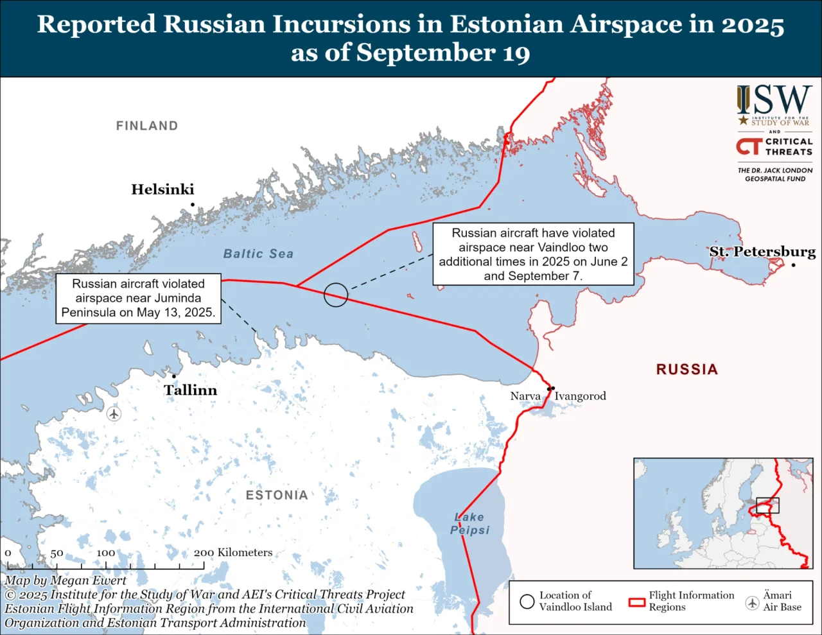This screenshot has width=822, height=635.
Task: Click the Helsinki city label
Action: (x=162, y=189)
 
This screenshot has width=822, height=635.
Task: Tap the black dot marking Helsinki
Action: (x=192, y=205)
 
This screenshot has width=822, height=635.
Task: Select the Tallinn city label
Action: (x=190, y=390)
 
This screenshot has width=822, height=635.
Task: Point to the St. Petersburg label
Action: (x=762, y=251)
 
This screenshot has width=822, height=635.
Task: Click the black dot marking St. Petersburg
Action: (x=794, y=265)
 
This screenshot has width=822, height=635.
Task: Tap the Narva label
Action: (x=525, y=396)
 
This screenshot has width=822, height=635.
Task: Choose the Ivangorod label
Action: (x=580, y=396)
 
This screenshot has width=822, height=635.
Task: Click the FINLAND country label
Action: (x=147, y=126)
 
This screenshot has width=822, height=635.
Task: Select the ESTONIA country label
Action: (x=277, y=495)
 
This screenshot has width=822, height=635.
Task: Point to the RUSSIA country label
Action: (x=686, y=369)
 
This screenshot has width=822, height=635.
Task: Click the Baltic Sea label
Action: (x=258, y=254)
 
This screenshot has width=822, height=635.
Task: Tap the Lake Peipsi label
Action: (x=469, y=523)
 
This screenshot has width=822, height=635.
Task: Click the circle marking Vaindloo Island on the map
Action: (x=336, y=295)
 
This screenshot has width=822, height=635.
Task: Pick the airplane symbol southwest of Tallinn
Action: (x=114, y=413)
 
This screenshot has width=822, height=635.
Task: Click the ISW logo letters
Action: (x=774, y=100)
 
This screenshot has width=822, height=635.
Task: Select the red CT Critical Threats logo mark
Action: (x=749, y=146)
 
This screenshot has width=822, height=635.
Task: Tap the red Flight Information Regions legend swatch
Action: (x=636, y=602)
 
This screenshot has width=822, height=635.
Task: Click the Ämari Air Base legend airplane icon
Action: (x=752, y=603)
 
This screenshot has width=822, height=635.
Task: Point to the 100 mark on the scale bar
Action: (x=106, y=553)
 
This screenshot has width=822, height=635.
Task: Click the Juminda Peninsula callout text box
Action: (x=138, y=298)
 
